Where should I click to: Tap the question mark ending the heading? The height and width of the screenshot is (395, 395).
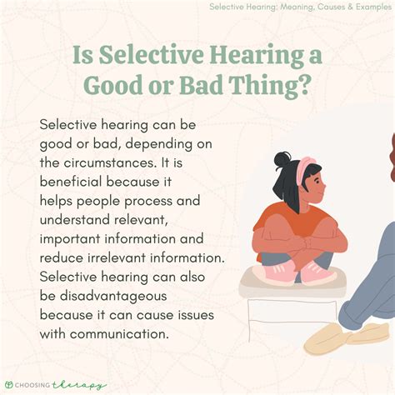pyautogui.click(x=311, y=85)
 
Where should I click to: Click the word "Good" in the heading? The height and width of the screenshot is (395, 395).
pyautogui.click(x=114, y=85)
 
